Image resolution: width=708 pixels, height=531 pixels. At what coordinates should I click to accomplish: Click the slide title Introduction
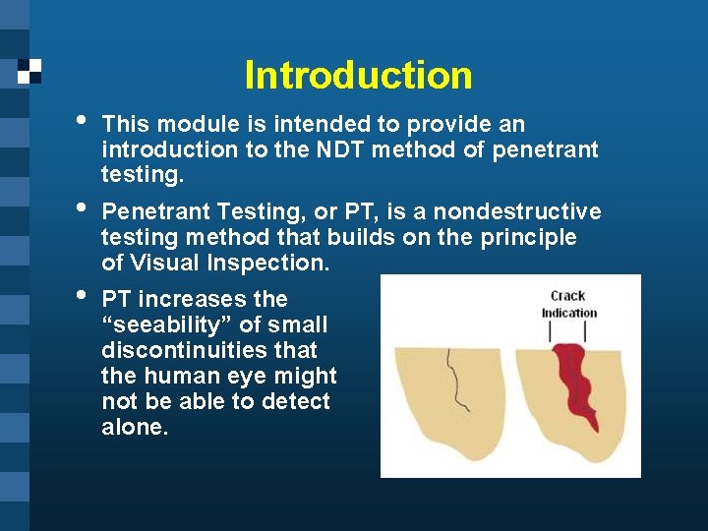coord(358,75)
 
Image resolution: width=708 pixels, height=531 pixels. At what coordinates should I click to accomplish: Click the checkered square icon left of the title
coord(29,71)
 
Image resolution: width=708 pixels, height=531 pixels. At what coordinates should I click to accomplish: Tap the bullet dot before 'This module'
coord(82,121)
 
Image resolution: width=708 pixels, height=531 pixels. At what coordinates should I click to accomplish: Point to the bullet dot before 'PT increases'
coord(82,295)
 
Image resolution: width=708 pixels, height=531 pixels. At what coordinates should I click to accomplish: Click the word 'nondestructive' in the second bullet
coord(517,211)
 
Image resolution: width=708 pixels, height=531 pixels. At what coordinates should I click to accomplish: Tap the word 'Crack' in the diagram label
coord(567,295)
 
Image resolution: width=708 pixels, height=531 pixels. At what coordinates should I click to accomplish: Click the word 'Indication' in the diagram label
coord(568,313)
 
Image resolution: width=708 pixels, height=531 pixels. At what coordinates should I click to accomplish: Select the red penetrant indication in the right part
coord(572,379)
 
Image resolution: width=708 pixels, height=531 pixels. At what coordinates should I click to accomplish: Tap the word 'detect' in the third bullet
coord(297,401)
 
